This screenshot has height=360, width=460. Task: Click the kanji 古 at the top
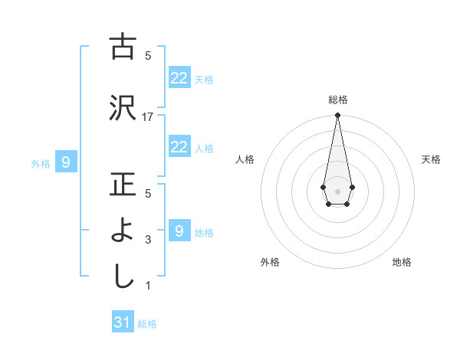(x=123, y=47)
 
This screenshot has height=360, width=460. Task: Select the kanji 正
(x=123, y=185)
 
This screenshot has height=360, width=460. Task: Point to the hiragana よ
(x=123, y=231)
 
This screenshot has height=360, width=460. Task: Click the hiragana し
(x=123, y=277)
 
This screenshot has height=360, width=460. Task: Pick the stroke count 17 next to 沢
(x=148, y=116)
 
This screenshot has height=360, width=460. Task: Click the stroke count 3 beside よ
(x=148, y=240)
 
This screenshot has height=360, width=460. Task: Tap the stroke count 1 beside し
(x=148, y=286)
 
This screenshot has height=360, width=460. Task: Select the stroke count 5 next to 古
(x=148, y=55)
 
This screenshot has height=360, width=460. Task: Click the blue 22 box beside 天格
(x=179, y=77)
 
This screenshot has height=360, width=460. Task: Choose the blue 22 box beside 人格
(x=179, y=147)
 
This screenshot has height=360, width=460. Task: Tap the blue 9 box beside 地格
(x=179, y=231)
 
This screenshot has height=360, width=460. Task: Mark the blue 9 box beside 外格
(x=66, y=162)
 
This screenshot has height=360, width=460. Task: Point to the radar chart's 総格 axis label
(x=338, y=100)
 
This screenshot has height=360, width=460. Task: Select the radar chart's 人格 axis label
(x=245, y=159)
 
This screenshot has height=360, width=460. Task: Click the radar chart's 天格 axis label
(x=431, y=159)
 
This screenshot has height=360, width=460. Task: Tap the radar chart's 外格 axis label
(x=270, y=262)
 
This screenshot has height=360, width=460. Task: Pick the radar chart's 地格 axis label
(x=402, y=262)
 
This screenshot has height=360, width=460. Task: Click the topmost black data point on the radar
(x=337, y=115)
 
